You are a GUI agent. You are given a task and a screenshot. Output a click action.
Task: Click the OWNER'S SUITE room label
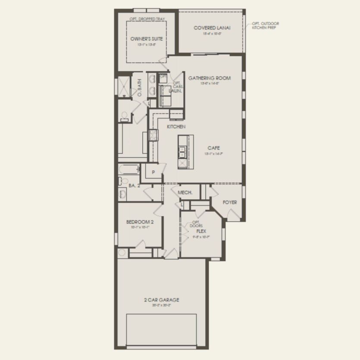coord(147,39)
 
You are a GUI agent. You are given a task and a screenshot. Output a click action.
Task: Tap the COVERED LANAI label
coord(212,28)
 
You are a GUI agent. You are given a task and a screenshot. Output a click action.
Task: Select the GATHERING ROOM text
coord(209,78)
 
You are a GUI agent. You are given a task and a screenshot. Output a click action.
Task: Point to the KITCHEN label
coord(176,127)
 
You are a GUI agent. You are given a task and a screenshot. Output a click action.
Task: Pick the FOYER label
coord(229,202)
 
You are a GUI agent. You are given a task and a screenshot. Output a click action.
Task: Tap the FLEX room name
coord(201,231)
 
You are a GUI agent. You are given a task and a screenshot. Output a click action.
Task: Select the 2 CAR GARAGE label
coord(161,300)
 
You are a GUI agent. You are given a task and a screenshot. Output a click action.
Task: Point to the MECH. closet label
coord(185,193)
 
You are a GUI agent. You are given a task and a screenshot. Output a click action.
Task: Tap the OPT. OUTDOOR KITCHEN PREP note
coord(266,25)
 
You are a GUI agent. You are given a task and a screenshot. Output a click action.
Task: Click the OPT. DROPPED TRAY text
coord(147,19)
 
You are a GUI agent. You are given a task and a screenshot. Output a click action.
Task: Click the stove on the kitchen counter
coord(153,135)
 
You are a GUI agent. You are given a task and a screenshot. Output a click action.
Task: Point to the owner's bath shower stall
coord(124,85)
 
